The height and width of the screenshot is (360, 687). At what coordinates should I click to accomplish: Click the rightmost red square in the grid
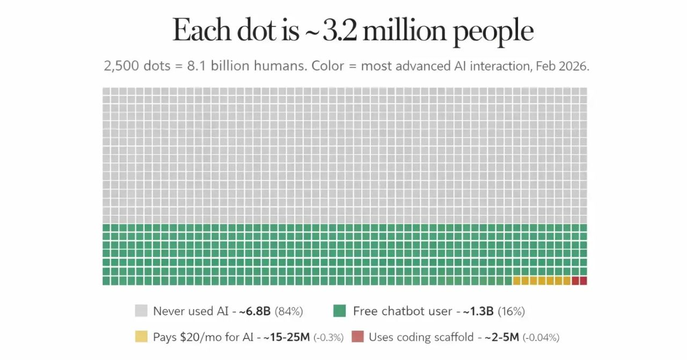[583, 281]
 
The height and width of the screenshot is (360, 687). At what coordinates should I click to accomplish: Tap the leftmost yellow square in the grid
[517, 281]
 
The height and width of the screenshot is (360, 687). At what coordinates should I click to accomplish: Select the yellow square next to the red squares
[567, 281]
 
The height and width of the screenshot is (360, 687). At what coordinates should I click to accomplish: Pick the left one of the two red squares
[575, 281]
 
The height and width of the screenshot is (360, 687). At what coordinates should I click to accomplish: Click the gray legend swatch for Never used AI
[141, 311]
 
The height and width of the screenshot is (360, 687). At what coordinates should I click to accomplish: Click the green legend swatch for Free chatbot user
[339, 311]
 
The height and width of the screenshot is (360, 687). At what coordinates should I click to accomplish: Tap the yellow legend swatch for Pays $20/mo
[141, 337]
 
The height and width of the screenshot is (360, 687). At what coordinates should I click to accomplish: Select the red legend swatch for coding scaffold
[358, 337]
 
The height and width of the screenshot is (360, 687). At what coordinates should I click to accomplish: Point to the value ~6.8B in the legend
[255, 311]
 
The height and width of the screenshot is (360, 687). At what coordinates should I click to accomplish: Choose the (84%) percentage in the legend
[289, 311]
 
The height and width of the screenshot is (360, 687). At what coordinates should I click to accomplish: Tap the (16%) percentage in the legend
[511, 311]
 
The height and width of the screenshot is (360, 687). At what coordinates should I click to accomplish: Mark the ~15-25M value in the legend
[287, 337]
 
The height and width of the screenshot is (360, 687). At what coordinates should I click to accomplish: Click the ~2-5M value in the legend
[502, 337]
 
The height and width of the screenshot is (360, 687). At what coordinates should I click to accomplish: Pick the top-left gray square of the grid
[106, 91]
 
